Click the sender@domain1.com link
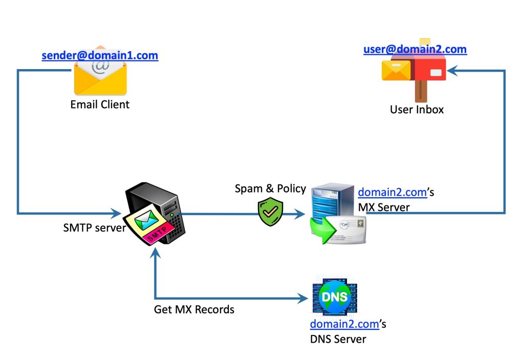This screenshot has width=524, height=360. pos(100,55)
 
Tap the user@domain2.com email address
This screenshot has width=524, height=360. pos(415,49)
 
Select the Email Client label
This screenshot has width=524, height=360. pos(100,104)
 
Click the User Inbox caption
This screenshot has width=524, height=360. pos(417,109)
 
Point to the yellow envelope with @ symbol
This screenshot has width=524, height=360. pos(100,77)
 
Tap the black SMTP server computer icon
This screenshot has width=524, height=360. pos(154,215)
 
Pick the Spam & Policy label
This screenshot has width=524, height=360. pos(270,188)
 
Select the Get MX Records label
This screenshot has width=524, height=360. pos(194,309)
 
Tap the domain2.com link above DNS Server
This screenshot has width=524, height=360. pos(344,324)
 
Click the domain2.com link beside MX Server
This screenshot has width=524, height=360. pos(392,193)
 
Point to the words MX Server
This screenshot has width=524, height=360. pos(384,207)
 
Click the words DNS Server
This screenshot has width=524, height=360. pos(338,338)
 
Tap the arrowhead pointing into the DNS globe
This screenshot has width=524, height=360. pos(305,298)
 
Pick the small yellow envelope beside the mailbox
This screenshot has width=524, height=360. pos(396,70)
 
